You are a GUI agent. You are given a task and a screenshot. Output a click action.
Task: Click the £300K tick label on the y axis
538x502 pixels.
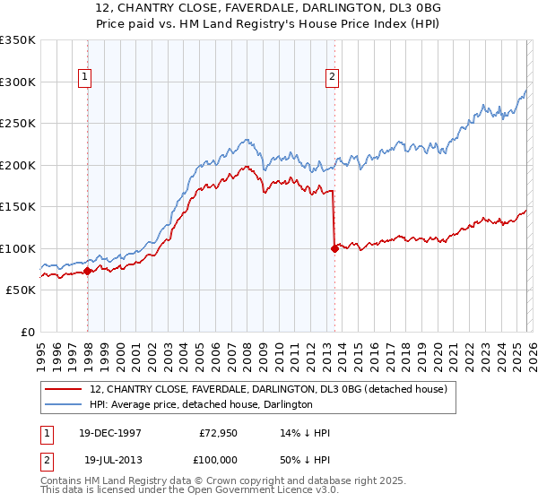(18, 82)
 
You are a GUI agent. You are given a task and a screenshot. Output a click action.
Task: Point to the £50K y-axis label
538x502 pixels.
(21, 290)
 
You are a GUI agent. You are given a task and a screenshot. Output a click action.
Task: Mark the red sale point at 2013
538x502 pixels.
(334, 248)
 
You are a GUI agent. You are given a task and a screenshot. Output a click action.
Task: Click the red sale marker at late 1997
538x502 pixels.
(87, 271)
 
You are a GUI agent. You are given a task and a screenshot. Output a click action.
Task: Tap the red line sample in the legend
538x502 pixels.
(64, 389)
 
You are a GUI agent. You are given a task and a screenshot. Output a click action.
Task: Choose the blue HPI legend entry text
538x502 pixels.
(201, 404)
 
